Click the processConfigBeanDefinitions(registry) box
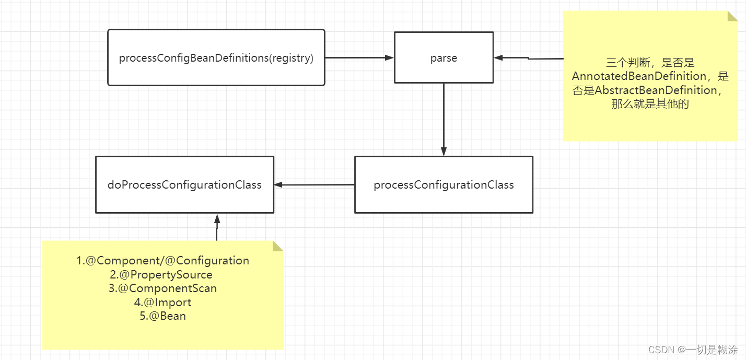pos(216,58)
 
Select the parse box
pos(444,58)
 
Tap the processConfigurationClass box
pos(444,185)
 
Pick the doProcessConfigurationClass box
pos(184,185)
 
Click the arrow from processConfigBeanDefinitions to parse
pos(358,58)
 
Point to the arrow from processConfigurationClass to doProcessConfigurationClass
pos(314,184)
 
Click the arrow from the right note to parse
pos(528,59)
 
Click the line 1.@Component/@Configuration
pos(163,260)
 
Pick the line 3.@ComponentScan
pos(163,288)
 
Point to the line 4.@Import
pos(163,302)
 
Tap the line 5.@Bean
pos(163,316)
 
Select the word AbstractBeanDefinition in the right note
pos(656,90)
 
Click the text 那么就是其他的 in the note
pos(650,104)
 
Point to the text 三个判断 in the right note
pos(622,63)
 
